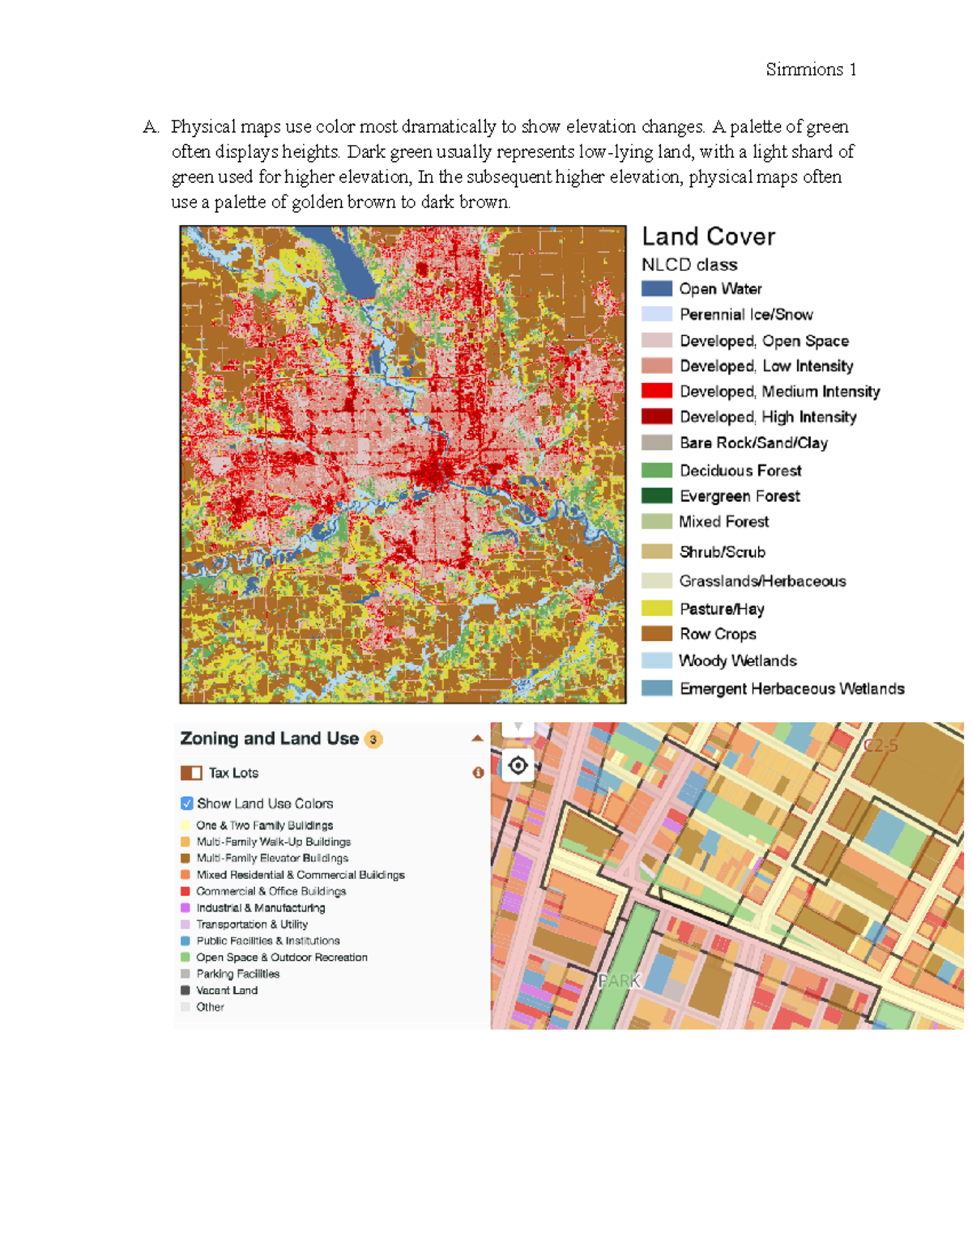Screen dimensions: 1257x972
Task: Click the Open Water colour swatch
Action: tap(657, 289)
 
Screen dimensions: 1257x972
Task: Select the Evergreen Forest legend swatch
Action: tap(657, 495)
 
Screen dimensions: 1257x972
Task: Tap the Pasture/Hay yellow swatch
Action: tap(657, 609)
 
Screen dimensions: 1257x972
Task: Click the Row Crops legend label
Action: tap(718, 634)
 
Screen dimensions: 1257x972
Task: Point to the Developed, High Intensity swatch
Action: tap(657, 417)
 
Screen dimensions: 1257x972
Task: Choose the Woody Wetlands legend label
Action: tap(738, 660)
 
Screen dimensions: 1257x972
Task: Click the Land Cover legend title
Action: tap(709, 236)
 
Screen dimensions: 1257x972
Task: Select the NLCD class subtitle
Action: tap(689, 265)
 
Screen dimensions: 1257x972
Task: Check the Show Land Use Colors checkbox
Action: tap(187, 804)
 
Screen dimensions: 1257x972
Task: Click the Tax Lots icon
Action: tap(191, 773)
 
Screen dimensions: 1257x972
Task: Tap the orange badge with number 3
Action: tap(373, 739)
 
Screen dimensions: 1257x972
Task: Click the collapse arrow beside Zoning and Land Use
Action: tap(477, 738)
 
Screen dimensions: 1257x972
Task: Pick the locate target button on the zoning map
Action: tap(518, 765)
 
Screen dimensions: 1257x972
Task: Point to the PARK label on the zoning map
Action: tap(620, 981)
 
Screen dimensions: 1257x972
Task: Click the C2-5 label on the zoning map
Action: tap(880, 745)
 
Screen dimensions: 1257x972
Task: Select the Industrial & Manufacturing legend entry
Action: tap(260, 908)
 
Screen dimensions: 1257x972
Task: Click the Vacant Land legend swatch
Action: tap(185, 990)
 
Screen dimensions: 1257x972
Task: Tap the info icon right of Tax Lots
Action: tap(478, 773)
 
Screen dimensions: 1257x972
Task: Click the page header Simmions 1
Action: tap(811, 70)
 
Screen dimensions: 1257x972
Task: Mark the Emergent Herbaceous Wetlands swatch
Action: tap(657, 688)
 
